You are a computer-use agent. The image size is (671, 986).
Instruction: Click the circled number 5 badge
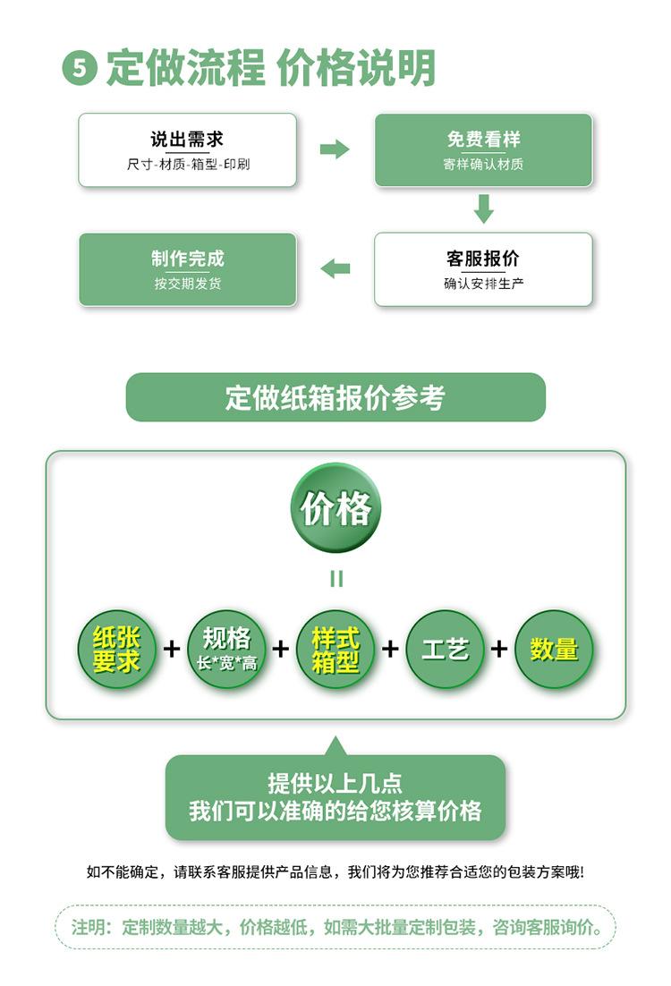[79, 69]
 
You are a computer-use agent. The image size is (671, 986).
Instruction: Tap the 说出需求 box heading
[187, 140]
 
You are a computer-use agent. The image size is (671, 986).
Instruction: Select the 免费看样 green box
[483, 150]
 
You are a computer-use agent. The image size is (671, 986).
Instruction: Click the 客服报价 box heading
[483, 259]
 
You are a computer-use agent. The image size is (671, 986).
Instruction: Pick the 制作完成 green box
[187, 269]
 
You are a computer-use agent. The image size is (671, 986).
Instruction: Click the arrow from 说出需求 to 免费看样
[335, 149]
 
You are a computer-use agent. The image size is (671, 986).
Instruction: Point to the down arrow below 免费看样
[484, 208]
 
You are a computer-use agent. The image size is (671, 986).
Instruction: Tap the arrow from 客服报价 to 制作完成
[335, 268]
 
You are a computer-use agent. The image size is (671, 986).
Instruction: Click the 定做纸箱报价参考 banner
[335, 397]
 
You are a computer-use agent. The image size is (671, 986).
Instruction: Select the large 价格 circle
[336, 508]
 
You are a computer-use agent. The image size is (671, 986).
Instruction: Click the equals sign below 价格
[336, 579]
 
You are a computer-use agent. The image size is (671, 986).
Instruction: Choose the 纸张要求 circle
[116, 649]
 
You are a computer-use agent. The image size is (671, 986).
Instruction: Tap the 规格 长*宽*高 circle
[226, 649]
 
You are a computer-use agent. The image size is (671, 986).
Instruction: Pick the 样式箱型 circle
[335, 649]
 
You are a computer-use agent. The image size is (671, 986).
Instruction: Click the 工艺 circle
[445, 649]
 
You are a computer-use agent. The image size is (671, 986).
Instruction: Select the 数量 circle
[555, 649]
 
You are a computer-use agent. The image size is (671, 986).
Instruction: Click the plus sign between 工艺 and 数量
[499, 649]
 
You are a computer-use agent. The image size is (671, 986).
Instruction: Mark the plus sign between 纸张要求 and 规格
[172, 649]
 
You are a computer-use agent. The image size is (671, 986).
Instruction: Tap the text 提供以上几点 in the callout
[335, 784]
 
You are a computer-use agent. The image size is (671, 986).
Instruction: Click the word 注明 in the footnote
[89, 927]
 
